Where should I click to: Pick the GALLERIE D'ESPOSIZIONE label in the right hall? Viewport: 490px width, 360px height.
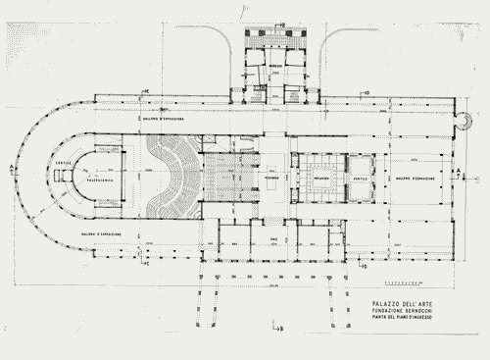[416, 179]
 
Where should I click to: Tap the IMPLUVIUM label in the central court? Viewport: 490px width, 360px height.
[320, 180]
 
